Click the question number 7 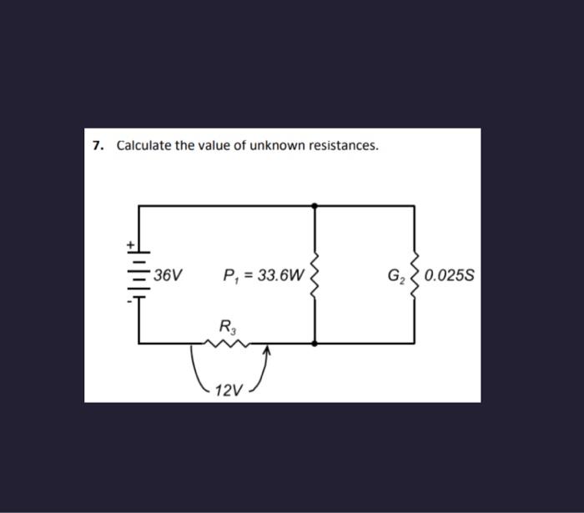(98, 146)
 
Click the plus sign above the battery (129, 245)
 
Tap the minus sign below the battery (129, 302)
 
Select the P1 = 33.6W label (264, 274)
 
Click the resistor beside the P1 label (315, 274)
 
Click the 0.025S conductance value (449, 274)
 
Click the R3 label (227, 324)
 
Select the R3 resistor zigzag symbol (227, 342)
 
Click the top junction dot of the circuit (315, 204)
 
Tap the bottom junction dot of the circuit (315, 343)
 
